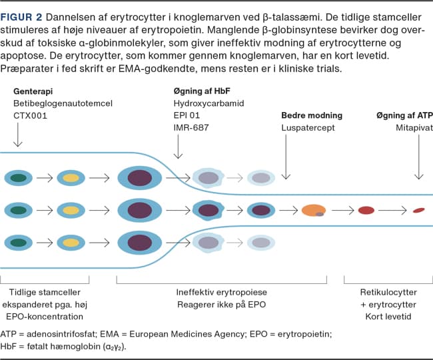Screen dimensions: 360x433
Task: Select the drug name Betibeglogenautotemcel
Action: [x=63, y=103]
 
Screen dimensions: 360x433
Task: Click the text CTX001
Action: [x=31, y=116]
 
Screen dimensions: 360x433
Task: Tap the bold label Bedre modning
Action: [x=312, y=115]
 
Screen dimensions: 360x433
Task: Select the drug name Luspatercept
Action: [x=308, y=127]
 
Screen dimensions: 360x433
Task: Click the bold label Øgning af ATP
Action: [x=399, y=115]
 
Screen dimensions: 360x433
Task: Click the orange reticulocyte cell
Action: [x=313, y=211]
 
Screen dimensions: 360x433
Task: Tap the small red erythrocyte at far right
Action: [x=419, y=211]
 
